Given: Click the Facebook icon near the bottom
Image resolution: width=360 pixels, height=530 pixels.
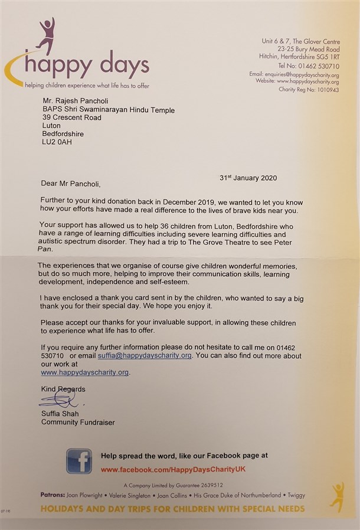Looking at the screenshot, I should [x=78, y=461].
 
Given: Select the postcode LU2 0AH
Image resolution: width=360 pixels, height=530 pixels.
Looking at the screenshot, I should [x=57, y=142].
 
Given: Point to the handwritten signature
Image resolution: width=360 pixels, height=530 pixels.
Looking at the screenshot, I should [x=58, y=401].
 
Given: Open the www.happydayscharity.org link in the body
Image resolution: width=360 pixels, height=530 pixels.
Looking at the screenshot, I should [x=84, y=372].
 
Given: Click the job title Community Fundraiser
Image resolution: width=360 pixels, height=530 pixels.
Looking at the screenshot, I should [x=78, y=422].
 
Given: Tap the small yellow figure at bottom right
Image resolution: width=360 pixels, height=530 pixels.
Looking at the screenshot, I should [x=337, y=496].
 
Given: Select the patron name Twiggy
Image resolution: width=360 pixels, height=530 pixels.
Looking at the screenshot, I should [x=294, y=495].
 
